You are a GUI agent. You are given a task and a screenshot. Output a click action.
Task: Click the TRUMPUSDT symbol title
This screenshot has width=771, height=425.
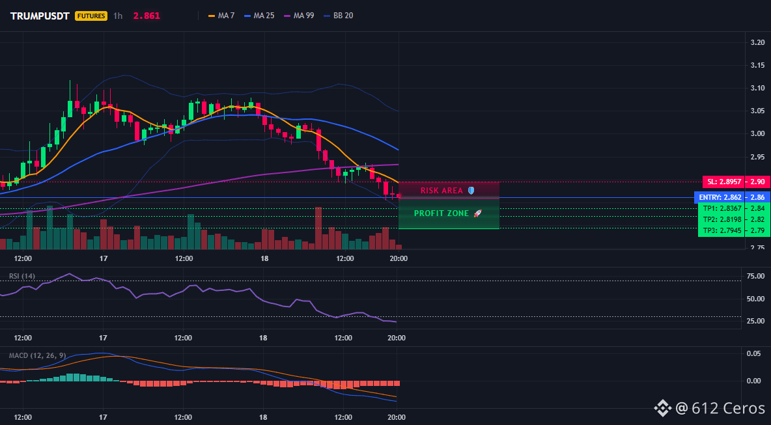point(40,16)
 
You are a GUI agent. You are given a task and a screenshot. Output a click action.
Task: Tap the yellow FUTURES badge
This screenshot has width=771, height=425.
point(91,16)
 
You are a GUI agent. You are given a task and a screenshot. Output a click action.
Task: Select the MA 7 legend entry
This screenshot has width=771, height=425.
point(221,16)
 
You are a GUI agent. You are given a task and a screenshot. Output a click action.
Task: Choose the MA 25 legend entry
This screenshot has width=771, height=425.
point(259,16)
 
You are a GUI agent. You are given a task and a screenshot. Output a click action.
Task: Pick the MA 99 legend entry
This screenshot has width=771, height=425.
point(299,16)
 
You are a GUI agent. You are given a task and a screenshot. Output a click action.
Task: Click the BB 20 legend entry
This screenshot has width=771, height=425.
point(339,16)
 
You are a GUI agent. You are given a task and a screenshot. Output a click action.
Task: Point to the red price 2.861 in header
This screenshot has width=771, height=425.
point(147,16)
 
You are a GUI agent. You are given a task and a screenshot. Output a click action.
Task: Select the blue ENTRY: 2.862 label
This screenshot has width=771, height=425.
point(719,198)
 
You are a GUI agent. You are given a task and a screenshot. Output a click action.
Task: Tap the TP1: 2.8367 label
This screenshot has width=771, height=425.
point(721,209)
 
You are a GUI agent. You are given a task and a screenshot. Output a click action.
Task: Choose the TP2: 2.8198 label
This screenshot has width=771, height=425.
point(721,219)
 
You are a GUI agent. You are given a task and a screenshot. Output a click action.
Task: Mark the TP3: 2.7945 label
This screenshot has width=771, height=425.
point(721,230)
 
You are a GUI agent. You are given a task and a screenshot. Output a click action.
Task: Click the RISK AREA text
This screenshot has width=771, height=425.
point(442,190)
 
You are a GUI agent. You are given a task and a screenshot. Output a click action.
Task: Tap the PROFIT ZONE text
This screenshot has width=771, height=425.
point(442,213)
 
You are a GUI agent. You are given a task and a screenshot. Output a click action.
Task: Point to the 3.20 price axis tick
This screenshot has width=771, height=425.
point(758,42)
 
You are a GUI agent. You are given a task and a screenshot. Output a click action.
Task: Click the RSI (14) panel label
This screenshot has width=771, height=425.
point(22,276)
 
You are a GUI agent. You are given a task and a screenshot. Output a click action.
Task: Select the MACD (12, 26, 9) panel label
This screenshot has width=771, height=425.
point(37,355)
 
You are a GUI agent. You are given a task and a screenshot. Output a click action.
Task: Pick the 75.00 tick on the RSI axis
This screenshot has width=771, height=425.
point(755,276)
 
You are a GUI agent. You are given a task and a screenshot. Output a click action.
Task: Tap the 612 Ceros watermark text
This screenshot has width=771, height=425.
point(728,408)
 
